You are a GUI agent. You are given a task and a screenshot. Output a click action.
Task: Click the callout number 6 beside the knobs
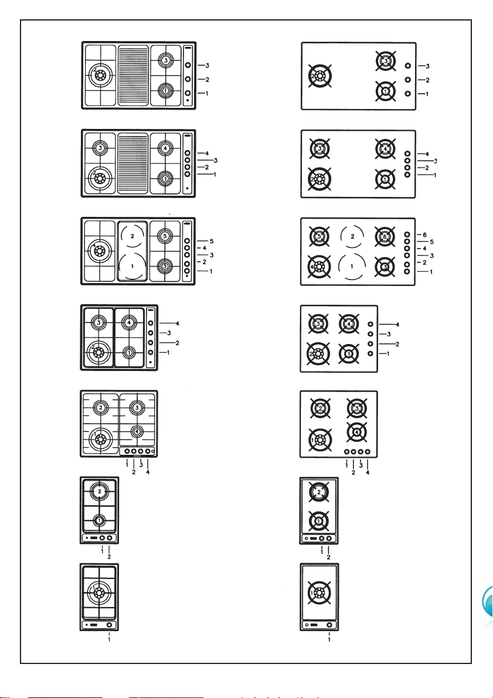point(424,234)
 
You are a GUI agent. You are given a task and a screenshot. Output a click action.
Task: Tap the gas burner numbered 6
point(385,237)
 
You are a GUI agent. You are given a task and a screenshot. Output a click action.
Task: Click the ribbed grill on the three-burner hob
point(132,75)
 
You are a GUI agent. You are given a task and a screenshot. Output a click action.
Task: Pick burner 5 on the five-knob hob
point(165,236)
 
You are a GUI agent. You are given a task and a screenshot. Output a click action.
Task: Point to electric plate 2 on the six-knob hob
point(352,236)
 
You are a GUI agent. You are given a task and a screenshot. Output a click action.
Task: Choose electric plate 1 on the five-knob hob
point(132,266)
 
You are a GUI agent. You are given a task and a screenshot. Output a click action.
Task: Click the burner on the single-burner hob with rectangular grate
point(99,592)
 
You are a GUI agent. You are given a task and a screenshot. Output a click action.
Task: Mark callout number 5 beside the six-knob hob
point(431,241)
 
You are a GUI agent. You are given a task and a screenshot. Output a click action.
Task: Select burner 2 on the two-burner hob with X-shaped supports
point(319,492)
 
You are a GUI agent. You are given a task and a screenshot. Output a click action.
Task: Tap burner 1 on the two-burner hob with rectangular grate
point(99,520)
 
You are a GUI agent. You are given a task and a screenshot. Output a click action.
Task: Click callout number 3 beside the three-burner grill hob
point(208,66)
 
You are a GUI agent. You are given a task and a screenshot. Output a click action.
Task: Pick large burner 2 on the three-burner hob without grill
point(319,77)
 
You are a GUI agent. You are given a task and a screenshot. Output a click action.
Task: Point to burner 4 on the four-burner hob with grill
point(165,148)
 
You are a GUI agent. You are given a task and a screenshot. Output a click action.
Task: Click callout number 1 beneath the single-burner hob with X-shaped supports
point(329,639)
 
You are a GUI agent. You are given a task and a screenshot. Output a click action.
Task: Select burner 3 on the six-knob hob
point(385,266)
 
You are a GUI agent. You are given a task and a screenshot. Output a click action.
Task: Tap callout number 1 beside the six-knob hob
point(431,271)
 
